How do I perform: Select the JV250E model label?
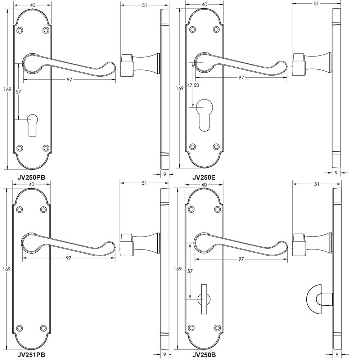click(203, 177)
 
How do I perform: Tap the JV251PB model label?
click(31, 354)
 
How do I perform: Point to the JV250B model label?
click(204, 354)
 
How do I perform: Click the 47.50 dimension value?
click(193, 85)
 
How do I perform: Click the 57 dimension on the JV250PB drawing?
click(18, 92)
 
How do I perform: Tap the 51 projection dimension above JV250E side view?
click(316, 4)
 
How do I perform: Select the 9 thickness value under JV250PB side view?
click(165, 174)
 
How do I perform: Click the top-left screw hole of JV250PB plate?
click(20, 30)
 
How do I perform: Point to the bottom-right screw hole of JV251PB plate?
click(44, 328)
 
